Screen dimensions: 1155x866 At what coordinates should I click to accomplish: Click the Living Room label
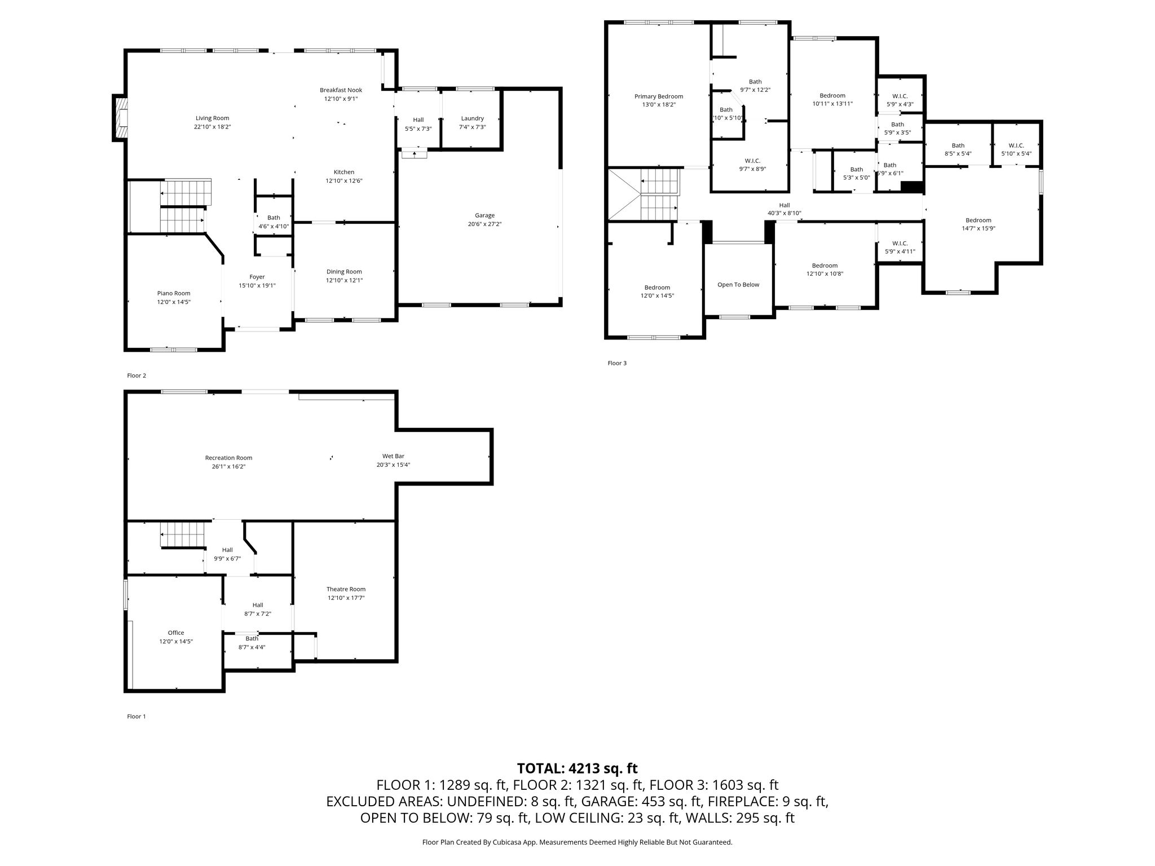212,118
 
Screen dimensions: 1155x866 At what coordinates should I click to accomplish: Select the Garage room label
484,215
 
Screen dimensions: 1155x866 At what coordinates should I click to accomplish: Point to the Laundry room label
472,118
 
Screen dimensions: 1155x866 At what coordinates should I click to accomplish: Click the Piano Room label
174,293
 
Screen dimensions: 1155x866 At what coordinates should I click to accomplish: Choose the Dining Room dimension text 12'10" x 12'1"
344,280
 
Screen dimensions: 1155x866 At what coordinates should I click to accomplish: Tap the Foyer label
257,277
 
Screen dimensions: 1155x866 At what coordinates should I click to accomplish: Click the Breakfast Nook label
341,90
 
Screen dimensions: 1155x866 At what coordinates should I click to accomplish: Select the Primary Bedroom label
659,96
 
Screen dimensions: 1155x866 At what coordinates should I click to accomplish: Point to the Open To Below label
738,285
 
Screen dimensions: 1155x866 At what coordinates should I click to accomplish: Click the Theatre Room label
346,589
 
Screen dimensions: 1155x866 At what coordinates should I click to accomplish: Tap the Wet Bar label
393,456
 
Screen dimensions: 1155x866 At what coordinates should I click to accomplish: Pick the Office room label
176,633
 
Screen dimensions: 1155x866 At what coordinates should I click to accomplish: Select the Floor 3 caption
617,363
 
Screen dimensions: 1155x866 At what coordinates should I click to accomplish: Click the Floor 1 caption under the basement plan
136,717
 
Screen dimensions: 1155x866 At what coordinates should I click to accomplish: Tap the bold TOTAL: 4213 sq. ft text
577,768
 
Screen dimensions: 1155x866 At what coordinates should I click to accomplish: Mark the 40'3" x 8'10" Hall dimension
784,213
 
